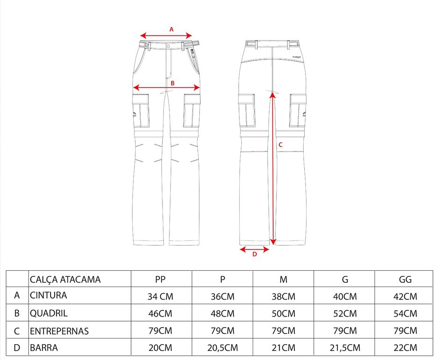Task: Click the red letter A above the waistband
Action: point(171,29)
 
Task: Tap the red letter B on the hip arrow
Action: point(172,83)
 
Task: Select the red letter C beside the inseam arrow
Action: point(280,144)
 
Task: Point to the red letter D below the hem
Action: point(255,254)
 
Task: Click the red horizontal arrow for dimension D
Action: point(255,249)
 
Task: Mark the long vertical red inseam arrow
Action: point(273,168)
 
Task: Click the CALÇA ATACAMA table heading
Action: point(65,280)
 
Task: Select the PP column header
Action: point(160,280)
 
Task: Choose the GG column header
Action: point(405,280)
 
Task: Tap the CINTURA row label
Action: point(49,295)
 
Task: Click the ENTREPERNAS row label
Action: point(59,331)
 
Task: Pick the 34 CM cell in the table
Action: point(160,296)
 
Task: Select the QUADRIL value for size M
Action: point(284,313)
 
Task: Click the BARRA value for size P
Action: point(222,348)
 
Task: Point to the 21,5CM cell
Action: point(345,348)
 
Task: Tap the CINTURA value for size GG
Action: point(405,296)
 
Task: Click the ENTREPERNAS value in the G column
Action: point(345,331)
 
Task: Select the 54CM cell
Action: point(405,313)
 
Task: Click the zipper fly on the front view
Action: point(169,63)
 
